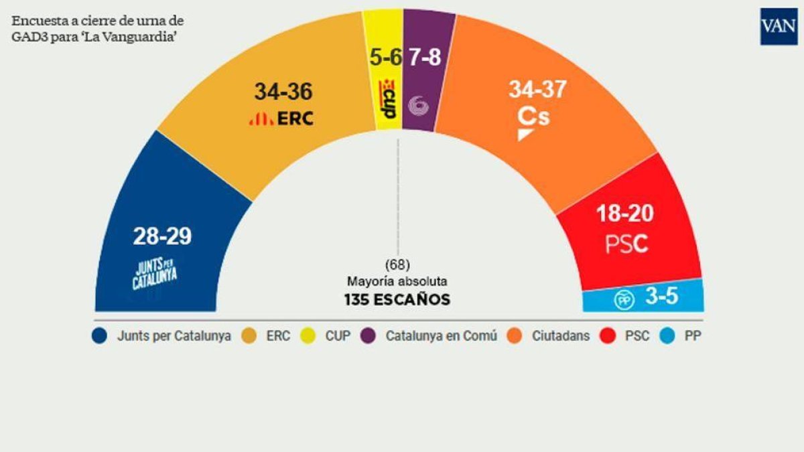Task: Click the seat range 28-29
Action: coord(162,236)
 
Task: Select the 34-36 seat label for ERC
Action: coord(283,92)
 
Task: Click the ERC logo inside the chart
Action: coord(281,119)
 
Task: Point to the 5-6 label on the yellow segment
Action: coord(386,58)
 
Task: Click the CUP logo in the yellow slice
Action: coord(387,99)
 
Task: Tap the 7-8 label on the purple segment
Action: coord(425,58)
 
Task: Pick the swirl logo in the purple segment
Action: coord(419,104)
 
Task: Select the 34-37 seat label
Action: coord(537,88)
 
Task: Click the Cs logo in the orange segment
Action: coord(533,121)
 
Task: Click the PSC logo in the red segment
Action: coord(627,244)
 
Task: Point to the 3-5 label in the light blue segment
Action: coord(661,297)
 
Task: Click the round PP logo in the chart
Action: coord(624,301)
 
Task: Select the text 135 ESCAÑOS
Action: coord(397,299)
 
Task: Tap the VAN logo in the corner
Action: coord(779,27)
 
